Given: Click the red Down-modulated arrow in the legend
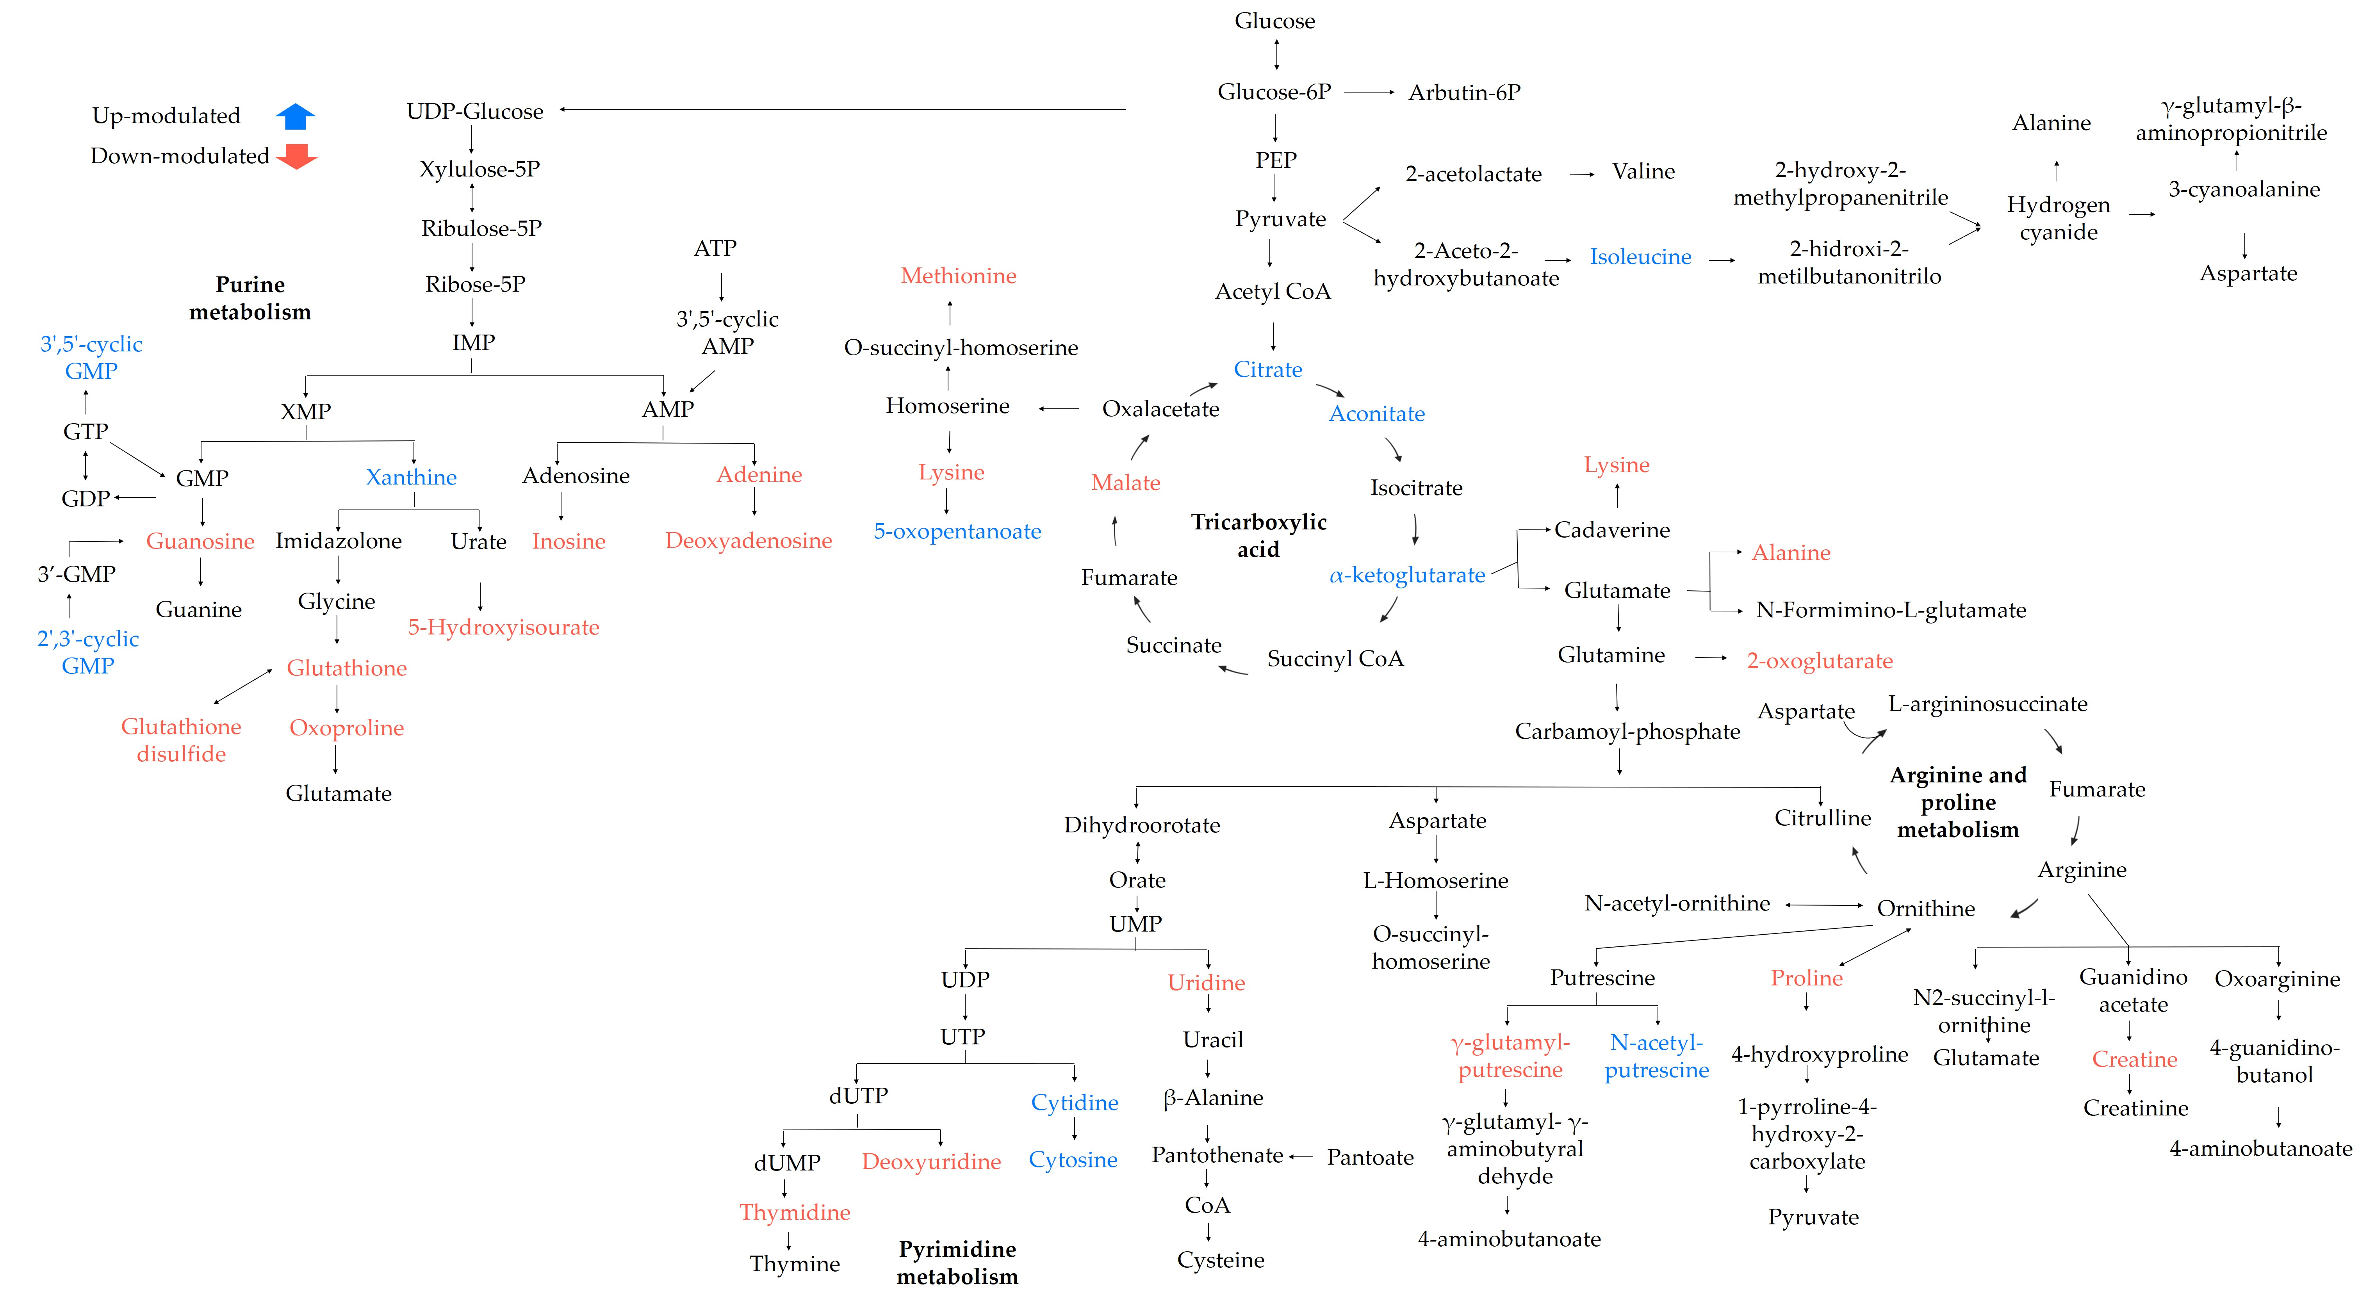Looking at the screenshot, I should [296, 156].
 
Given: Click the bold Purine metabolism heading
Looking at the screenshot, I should [250, 298].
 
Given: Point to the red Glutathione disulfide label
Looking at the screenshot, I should [181, 740].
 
